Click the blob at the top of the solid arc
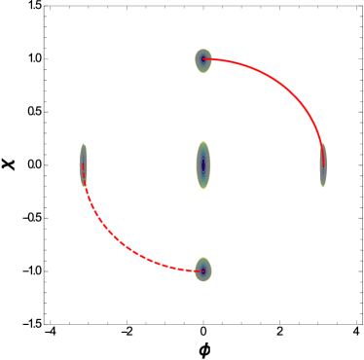(x=202, y=60)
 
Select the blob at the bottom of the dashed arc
(x=202, y=270)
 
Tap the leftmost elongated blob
(x=84, y=164)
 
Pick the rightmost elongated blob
(x=322, y=164)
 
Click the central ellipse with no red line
(x=202, y=165)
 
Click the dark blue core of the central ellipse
(x=202, y=165)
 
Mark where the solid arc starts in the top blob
(x=203, y=60)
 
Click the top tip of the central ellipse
(x=202, y=142)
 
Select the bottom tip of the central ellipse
(x=202, y=189)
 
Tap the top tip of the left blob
(x=84, y=144)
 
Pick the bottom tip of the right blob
(x=322, y=186)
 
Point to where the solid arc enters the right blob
(x=320, y=144)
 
